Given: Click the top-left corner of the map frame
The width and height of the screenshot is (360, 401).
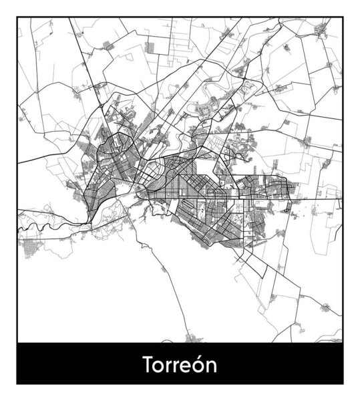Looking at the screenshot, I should pos(17,17).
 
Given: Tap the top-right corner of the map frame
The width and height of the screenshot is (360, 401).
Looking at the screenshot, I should pos(343,17).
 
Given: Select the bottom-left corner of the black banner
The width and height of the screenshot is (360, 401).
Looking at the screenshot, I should pos(17,386).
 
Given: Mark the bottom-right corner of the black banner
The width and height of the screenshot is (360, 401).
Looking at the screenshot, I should pos(343,386).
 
